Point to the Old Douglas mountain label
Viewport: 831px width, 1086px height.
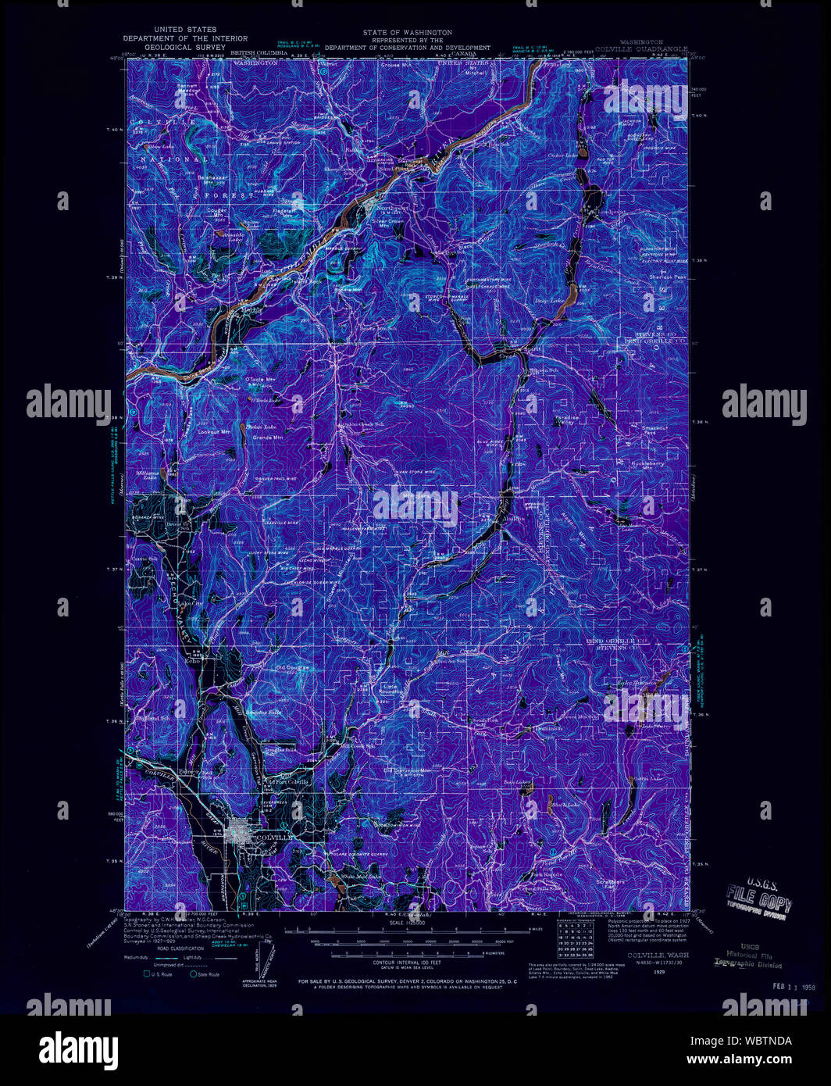point(292,668)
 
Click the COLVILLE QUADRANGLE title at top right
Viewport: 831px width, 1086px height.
point(641,48)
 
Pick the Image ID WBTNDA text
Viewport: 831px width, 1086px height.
point(760,1041)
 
